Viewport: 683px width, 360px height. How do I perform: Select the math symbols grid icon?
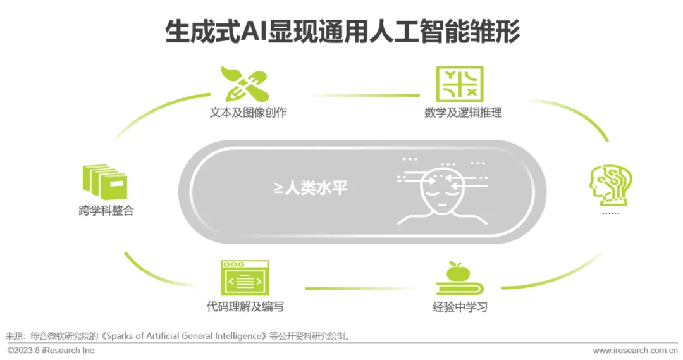tap(460, 84)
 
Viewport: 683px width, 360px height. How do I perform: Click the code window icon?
tap(245, 278)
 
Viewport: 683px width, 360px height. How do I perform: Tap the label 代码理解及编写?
tap(245, 307)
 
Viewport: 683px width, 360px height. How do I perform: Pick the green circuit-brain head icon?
tap(610, 185)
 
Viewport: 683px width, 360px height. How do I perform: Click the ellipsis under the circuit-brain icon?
tap(610, 213)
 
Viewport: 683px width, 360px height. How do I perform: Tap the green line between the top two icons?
tap(366, 96)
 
